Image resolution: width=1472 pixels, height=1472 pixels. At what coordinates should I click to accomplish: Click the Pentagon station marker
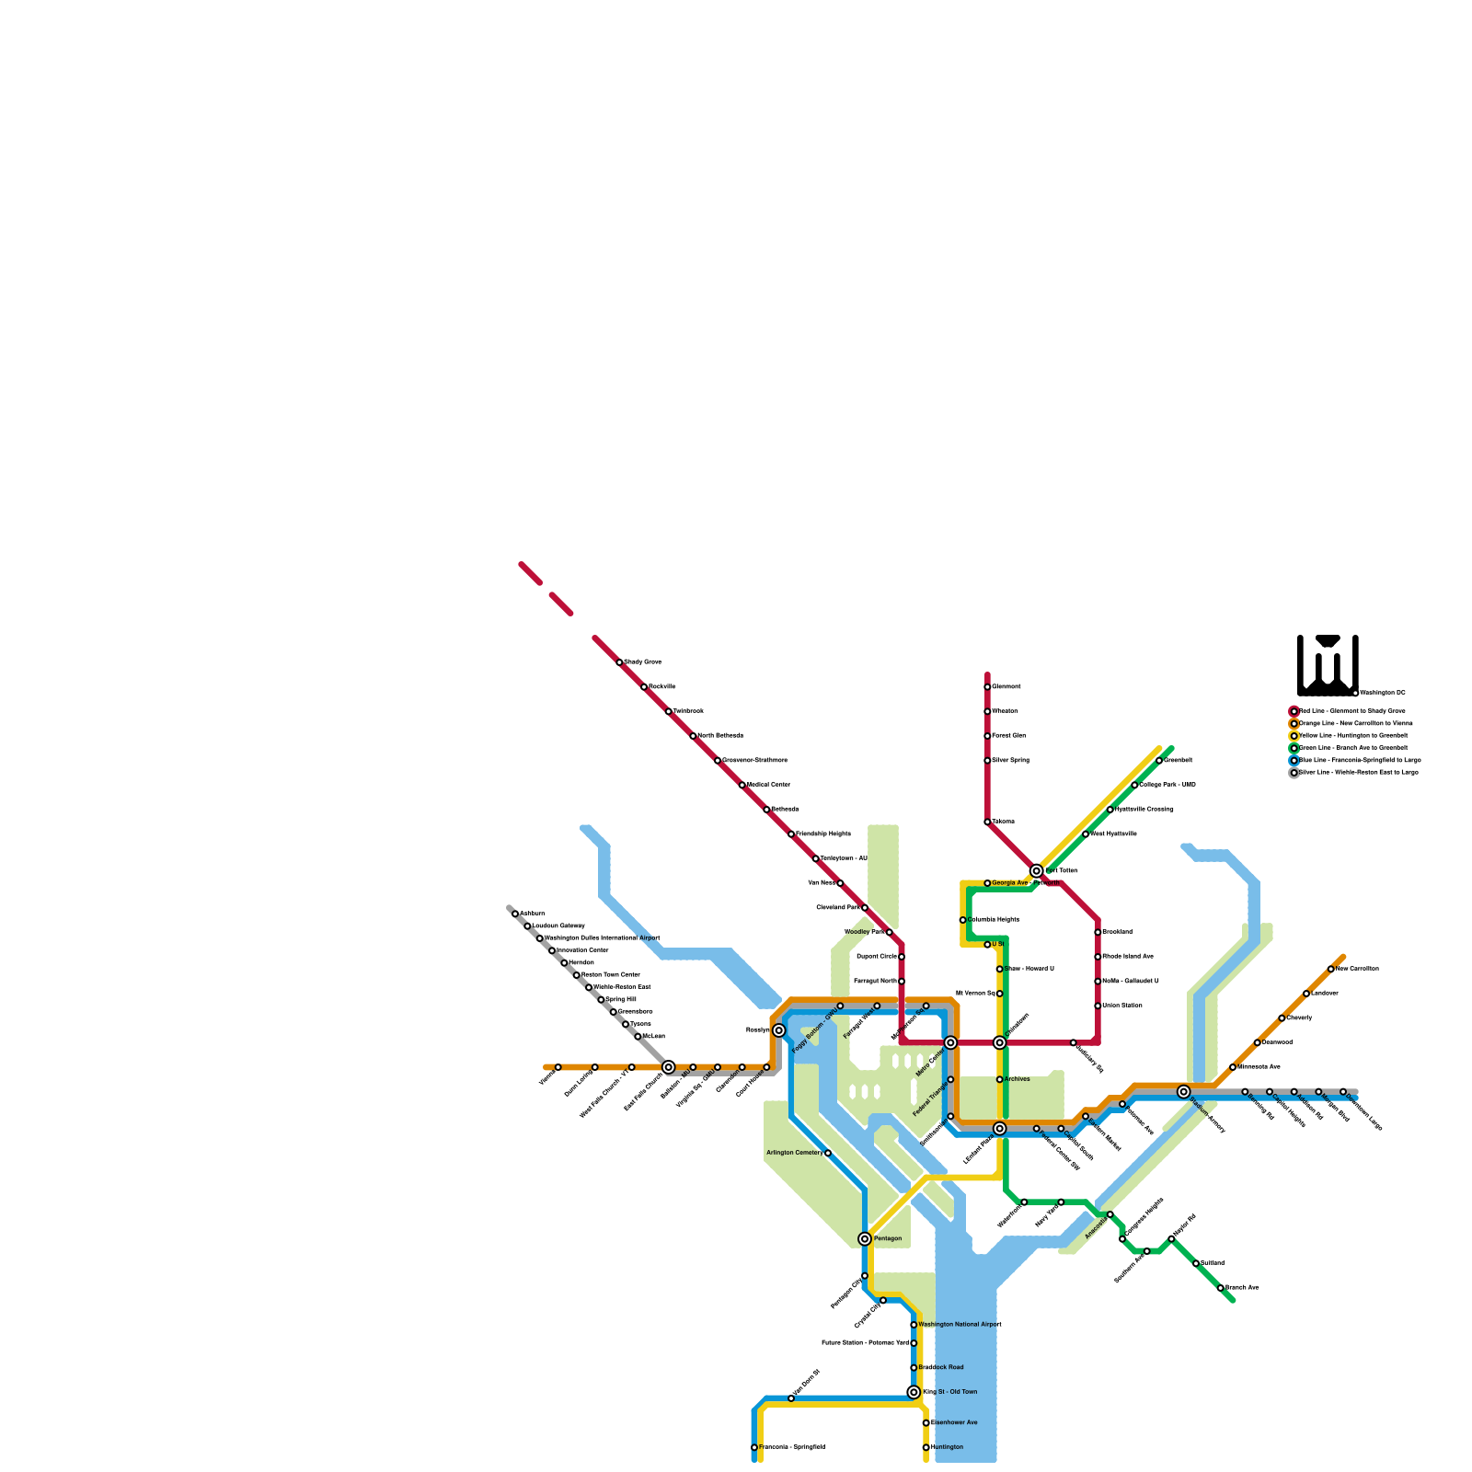coord(865,1239)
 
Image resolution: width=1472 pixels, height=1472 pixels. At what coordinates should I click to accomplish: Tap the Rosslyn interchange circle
coord(779,1030)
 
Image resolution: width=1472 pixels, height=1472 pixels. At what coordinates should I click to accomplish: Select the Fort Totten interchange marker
coord(1037,870)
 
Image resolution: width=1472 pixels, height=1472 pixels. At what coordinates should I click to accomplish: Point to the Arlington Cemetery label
coord(794,1153)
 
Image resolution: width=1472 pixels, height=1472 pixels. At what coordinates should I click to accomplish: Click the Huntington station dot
coord(926,1447)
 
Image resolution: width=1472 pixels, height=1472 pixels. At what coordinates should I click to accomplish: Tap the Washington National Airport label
coord(960,1325)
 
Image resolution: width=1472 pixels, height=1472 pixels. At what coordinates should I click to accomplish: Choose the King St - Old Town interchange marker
coord(914,1392)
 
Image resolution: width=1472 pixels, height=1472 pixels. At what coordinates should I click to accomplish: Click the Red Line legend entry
coord(1351,711)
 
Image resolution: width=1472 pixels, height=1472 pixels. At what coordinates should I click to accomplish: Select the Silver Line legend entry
coord(1357,773)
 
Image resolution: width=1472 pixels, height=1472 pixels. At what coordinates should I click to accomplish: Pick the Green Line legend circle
coord(1294,748)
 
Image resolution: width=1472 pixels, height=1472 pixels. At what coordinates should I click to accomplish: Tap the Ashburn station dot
coord(515,914)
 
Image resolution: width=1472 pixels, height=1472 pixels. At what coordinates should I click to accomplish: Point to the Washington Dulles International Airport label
coord(603,938)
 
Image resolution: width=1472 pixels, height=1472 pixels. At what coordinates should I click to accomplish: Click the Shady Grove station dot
coord(619,662)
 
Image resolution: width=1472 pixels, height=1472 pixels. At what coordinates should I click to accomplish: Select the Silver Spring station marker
coord(987,761)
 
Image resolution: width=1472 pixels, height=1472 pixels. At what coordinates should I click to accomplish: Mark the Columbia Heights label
coord(994,920)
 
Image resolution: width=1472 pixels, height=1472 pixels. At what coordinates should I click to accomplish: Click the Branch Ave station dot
coord(1221,1288)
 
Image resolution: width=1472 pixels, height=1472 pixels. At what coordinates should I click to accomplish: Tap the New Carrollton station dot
coord(1331,969)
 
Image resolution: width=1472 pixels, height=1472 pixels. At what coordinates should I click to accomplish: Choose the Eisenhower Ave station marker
coord(926,1423)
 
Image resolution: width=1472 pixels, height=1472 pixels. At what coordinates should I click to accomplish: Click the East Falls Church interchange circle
coord(669,1067)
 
